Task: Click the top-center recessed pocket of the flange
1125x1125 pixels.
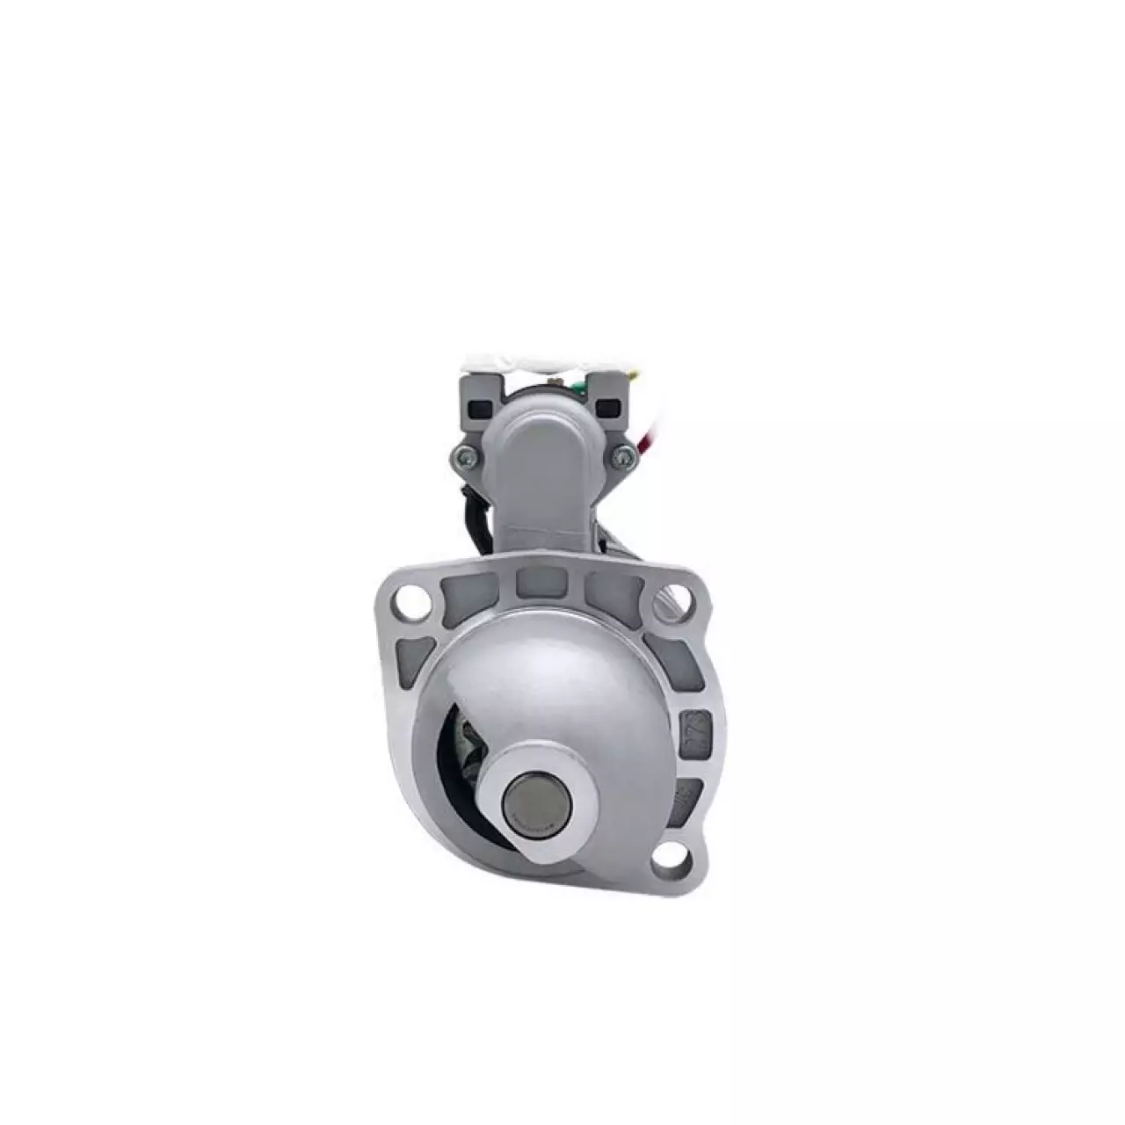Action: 541,580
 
